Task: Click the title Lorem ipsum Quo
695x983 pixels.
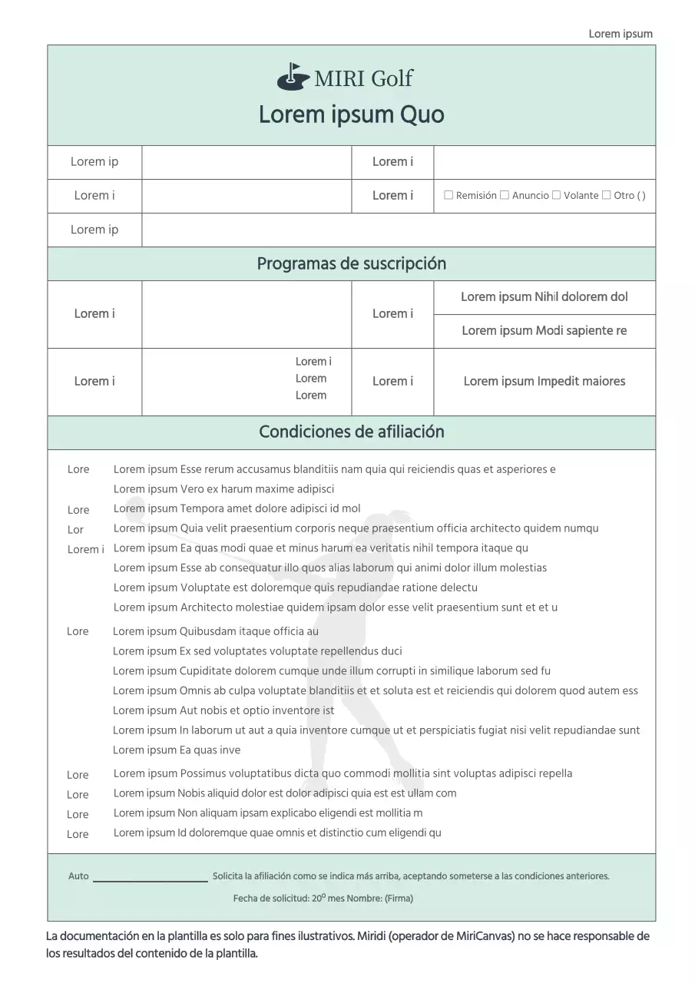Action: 351,115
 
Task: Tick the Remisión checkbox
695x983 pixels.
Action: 448,195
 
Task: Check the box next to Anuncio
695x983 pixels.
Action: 505,195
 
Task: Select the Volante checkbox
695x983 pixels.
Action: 556,195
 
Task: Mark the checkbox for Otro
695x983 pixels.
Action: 607,195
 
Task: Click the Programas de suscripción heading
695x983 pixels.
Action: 351,264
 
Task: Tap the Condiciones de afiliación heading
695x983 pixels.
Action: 351,432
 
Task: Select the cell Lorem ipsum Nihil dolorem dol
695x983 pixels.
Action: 544,297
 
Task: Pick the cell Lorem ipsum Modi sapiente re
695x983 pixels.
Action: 544,331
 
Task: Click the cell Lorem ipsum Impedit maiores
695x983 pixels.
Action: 544,382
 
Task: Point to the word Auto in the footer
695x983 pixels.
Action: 78,876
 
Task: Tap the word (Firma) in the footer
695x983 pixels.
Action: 399,899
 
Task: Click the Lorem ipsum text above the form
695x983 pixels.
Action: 621,34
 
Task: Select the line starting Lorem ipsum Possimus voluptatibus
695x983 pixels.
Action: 343,774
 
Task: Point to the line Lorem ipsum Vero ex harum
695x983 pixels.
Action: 223,489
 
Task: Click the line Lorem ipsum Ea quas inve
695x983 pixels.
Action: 177,750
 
